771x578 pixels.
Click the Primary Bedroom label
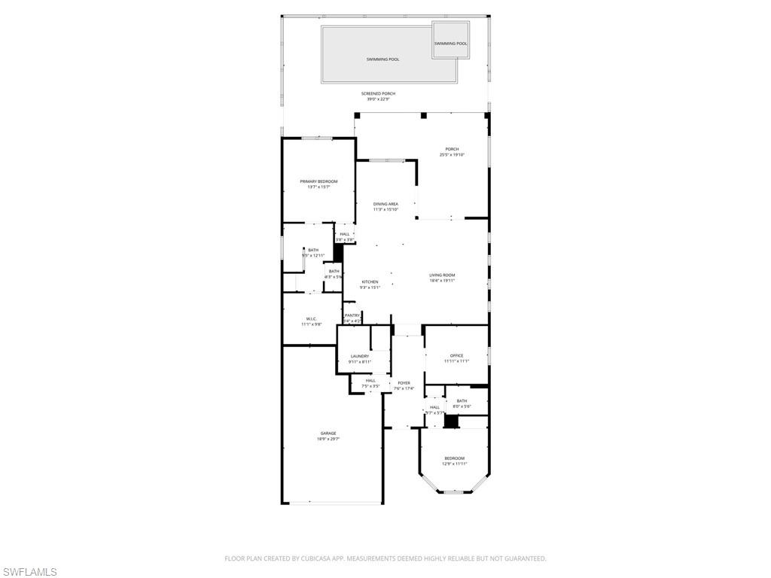(318, 181)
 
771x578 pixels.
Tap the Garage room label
(328, 433)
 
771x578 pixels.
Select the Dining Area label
(385, 204)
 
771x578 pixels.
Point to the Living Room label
(442, 275)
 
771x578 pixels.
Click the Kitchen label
(370, 281)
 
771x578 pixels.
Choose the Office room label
(456, 355)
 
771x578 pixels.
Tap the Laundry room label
(359, 356)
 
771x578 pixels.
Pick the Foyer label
(404, 383)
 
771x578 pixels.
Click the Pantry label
(352, 315)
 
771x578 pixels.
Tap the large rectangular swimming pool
(382, 59)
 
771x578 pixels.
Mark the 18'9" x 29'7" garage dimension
(328, 439)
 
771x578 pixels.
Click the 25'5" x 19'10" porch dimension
(453, 155)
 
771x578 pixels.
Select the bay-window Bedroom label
(454, 458)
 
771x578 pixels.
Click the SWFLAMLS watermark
(29, 572)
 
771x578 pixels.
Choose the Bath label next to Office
(462, 400)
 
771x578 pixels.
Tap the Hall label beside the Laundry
(370, 380)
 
